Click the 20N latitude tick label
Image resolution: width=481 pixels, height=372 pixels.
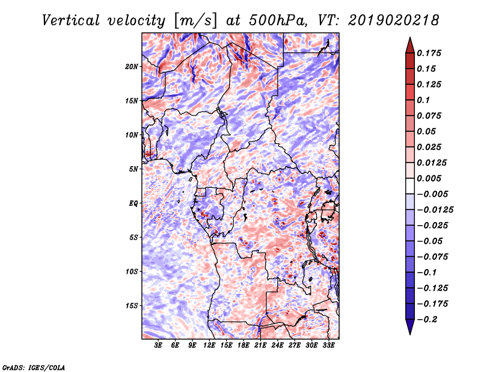point(131,67)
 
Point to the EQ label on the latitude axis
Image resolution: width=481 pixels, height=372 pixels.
point(133,203)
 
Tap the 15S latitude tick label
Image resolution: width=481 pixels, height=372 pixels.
point(131,306)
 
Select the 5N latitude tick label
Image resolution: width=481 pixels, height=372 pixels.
point(133,169)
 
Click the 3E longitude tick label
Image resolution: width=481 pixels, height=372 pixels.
point(158,345)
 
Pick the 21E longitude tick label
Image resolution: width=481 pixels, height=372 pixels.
point(260,345)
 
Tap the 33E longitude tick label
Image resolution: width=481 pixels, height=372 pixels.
point(328,345)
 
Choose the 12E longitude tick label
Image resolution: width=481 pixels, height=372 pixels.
point(209,345)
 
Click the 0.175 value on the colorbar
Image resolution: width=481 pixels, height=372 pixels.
point(429,53)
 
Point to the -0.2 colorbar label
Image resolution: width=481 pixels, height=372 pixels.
point(427,320)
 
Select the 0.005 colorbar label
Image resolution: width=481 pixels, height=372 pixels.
point(429,178)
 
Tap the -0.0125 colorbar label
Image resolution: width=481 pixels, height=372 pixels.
point(435,210)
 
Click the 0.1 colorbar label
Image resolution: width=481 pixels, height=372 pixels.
point(423,100)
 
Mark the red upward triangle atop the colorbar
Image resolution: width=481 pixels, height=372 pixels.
point(410,46)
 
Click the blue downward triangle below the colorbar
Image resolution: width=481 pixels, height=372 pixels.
point(410,327)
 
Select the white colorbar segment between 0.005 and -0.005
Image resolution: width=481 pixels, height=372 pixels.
point(410,186)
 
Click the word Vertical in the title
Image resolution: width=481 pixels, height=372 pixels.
point(71,20)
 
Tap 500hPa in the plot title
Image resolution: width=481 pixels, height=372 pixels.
point(278,20)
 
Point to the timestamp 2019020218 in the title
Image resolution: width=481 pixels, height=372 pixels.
point(394,20)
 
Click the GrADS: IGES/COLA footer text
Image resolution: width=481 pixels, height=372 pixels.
point(34,368)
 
